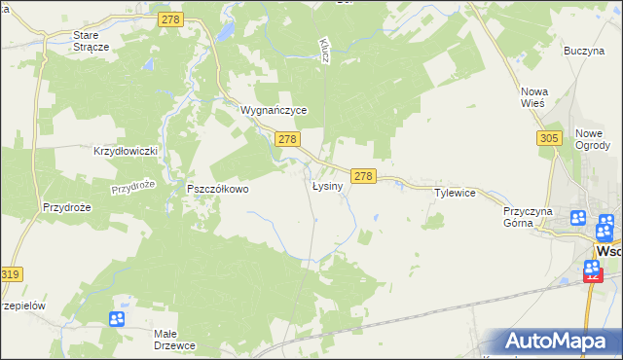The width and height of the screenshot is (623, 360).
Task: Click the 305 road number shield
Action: click(548, 139)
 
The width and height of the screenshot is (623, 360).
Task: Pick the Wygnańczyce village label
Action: click(275, 111)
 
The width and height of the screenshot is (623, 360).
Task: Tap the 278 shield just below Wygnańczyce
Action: click(286, 140)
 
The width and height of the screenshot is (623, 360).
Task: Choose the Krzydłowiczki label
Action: click(125, 152)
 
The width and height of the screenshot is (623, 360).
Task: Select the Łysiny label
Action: click(327, 186)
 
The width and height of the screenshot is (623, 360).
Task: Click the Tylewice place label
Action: click(455, 193)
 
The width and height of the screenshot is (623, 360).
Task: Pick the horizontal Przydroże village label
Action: click(66, 207)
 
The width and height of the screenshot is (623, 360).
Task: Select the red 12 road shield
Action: click(593, 275)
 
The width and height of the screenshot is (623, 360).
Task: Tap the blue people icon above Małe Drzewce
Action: click(117, 318)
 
